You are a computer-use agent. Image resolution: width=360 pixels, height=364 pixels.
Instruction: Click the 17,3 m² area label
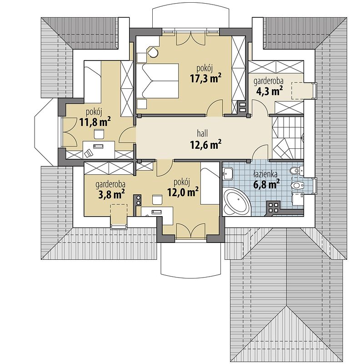pos(205,78)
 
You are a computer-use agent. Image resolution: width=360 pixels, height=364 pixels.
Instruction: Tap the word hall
pos(202,133)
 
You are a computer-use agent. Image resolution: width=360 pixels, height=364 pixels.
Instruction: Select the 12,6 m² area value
pos(205,144)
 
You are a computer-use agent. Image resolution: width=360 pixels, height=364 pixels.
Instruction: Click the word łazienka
pos(265,174)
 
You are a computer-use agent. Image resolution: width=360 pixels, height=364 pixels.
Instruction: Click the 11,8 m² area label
pos(95,122)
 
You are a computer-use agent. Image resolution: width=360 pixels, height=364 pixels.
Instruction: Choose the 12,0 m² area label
pos(183,192)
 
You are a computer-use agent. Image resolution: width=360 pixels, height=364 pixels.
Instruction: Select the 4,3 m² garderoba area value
pos(269,91)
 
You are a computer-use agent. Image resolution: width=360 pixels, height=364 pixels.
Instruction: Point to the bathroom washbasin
pos(228,173)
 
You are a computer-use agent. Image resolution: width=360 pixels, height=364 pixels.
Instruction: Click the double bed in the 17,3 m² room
pos(157,81)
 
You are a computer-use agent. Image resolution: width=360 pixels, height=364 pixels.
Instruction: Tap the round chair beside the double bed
pos(153,52)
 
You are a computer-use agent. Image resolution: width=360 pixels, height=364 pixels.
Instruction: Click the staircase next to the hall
pos(288,138)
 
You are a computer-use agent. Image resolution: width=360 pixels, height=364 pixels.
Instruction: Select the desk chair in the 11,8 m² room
pos(99,134)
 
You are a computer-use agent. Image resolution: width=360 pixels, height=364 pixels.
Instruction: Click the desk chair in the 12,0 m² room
pos(157,200)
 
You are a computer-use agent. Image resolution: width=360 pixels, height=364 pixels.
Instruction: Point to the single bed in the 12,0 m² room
pos(210,183)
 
